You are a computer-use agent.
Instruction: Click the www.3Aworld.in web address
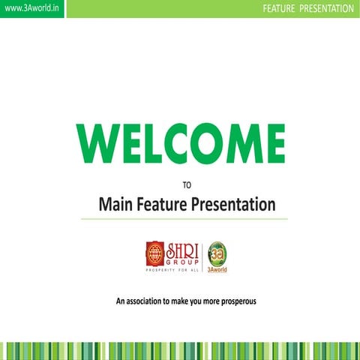pyautogui.click(x=31, y=8)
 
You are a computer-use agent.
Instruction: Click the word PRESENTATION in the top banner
pyautogui.click(x=326, y=8)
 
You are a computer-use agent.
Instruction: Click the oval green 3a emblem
pyautogui.click(x=217, y=253)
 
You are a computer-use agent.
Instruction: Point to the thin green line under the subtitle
pyautogui.click(x=184, y=219)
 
